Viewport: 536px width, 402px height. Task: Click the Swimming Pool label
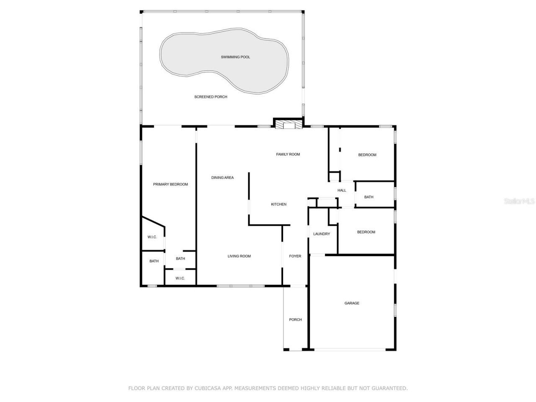235,57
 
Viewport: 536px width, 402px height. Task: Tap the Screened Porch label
211,97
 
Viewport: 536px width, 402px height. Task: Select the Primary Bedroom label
170,184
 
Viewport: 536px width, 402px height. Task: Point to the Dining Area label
222,178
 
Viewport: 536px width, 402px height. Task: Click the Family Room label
288,155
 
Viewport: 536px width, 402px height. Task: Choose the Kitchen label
278,204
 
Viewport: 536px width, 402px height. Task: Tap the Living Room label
239,256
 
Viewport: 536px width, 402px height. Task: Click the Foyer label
295,256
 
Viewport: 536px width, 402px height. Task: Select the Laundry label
322,234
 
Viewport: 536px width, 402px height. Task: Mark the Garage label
352,303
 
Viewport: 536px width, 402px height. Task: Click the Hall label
342,191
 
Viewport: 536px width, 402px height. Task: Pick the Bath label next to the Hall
368,197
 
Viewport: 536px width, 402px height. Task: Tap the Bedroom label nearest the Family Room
367,155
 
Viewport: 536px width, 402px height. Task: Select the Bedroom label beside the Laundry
366,232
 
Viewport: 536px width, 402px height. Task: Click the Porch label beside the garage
295,320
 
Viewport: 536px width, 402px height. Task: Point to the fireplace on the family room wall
288,124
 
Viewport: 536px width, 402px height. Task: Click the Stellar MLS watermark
519,201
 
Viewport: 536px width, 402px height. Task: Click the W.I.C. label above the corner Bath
152,237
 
